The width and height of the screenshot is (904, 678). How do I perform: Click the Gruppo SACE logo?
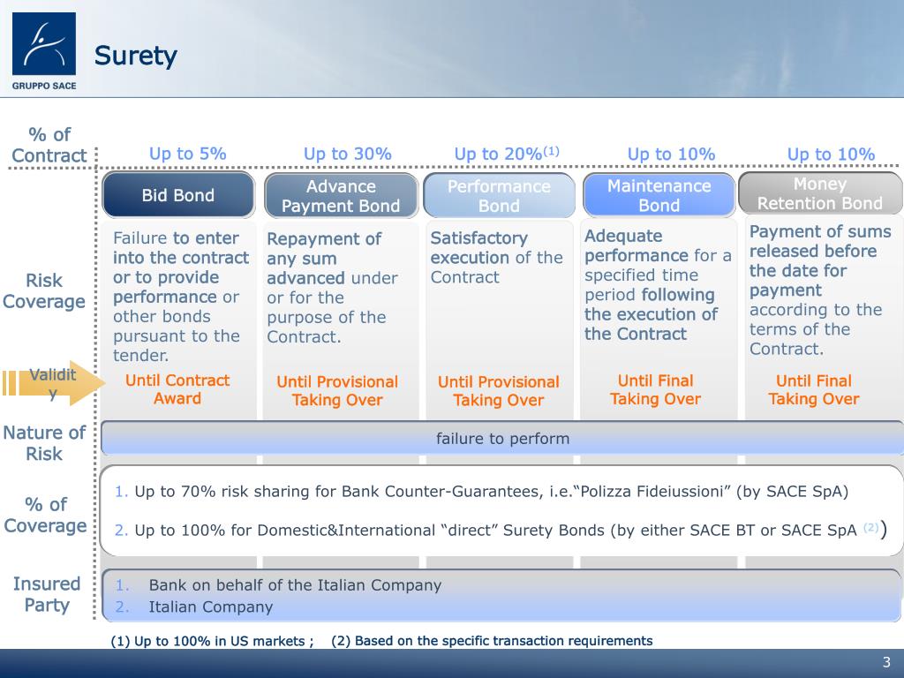pyautogui.click(x=44, y=50)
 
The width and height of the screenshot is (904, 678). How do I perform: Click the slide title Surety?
pyautogui.click(x=136, y=56)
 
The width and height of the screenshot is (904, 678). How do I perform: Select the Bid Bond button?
pyautogui.click(x=178, y=195)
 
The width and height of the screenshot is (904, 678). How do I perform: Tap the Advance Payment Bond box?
pyautogui.click(x=341, y=196)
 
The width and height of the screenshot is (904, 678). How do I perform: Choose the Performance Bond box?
pyautogui.click(x=499, y=196)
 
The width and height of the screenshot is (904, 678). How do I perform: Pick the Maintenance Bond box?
pyautogui.click(x=659, y=195)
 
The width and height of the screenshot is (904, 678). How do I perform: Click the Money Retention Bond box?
pyautogui.click(x=819, y=193)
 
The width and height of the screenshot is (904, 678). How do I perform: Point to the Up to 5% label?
pyautogui.click(x=187, y=154)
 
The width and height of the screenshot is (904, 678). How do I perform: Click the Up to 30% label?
pyautogui.click(x=347, y=154)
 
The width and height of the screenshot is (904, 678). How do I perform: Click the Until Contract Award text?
pyautogui.click(x=177, y=389)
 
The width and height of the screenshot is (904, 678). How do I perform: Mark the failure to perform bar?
pyautogui.click(x=502, y=439)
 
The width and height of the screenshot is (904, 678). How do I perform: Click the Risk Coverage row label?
pyautogui.click(x=44, y=291)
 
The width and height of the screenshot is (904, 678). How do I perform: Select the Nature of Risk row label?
pyautogui.click(x=44, y=443)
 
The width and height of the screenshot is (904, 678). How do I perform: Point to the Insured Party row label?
pyautogui.click(x=46, y=594)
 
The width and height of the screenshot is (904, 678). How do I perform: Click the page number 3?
pyautogui.click(x=886, y=663)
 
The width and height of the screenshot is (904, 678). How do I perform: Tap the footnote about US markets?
pyautogui.click(x=212, y=641)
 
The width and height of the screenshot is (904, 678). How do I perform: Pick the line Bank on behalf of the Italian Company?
pyautogui.click(x=295, y=585)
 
